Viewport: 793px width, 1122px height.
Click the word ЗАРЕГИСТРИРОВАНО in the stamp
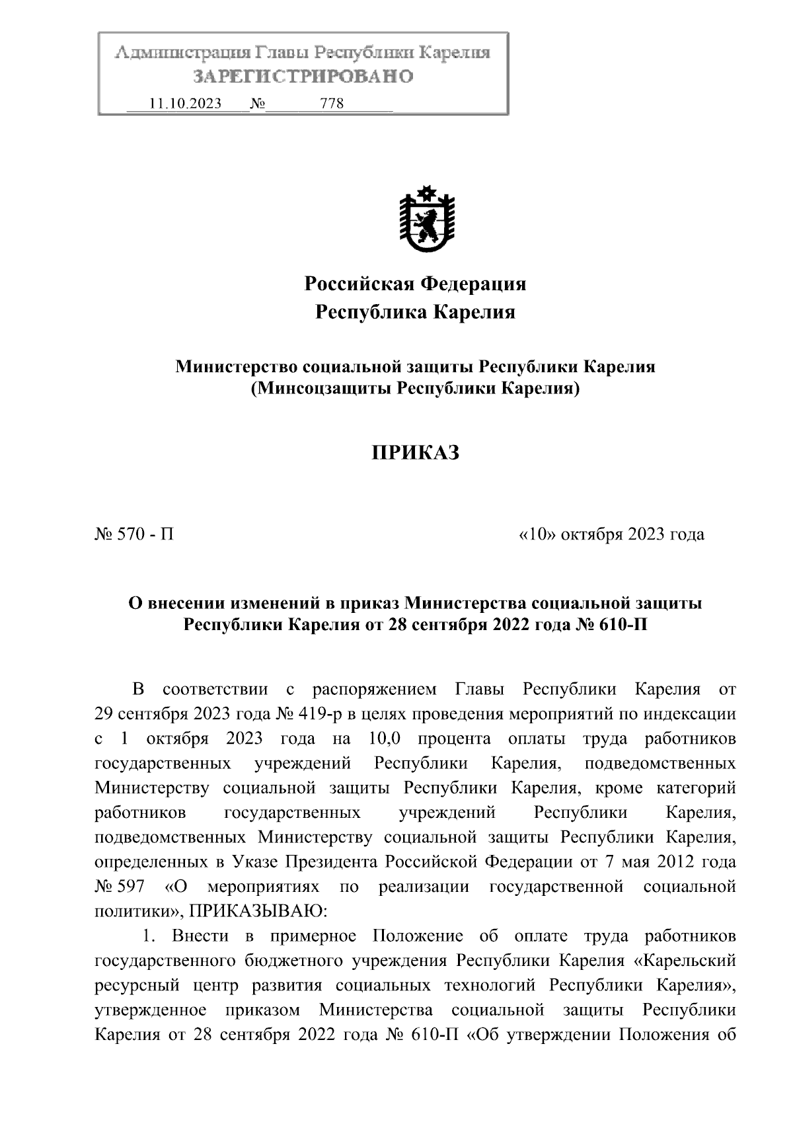303,77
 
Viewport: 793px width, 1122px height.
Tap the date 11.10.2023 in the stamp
185,104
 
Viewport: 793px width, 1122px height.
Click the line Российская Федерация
415,284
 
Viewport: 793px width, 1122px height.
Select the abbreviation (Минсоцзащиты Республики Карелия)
415,388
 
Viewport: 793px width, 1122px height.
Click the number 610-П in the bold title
622,623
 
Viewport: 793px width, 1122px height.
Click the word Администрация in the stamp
183,53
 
